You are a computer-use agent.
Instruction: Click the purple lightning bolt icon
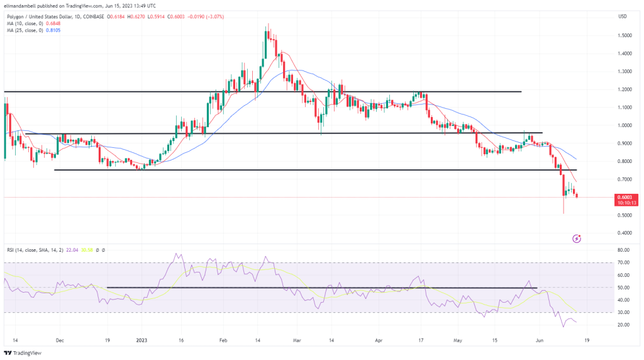click(577, 239)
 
